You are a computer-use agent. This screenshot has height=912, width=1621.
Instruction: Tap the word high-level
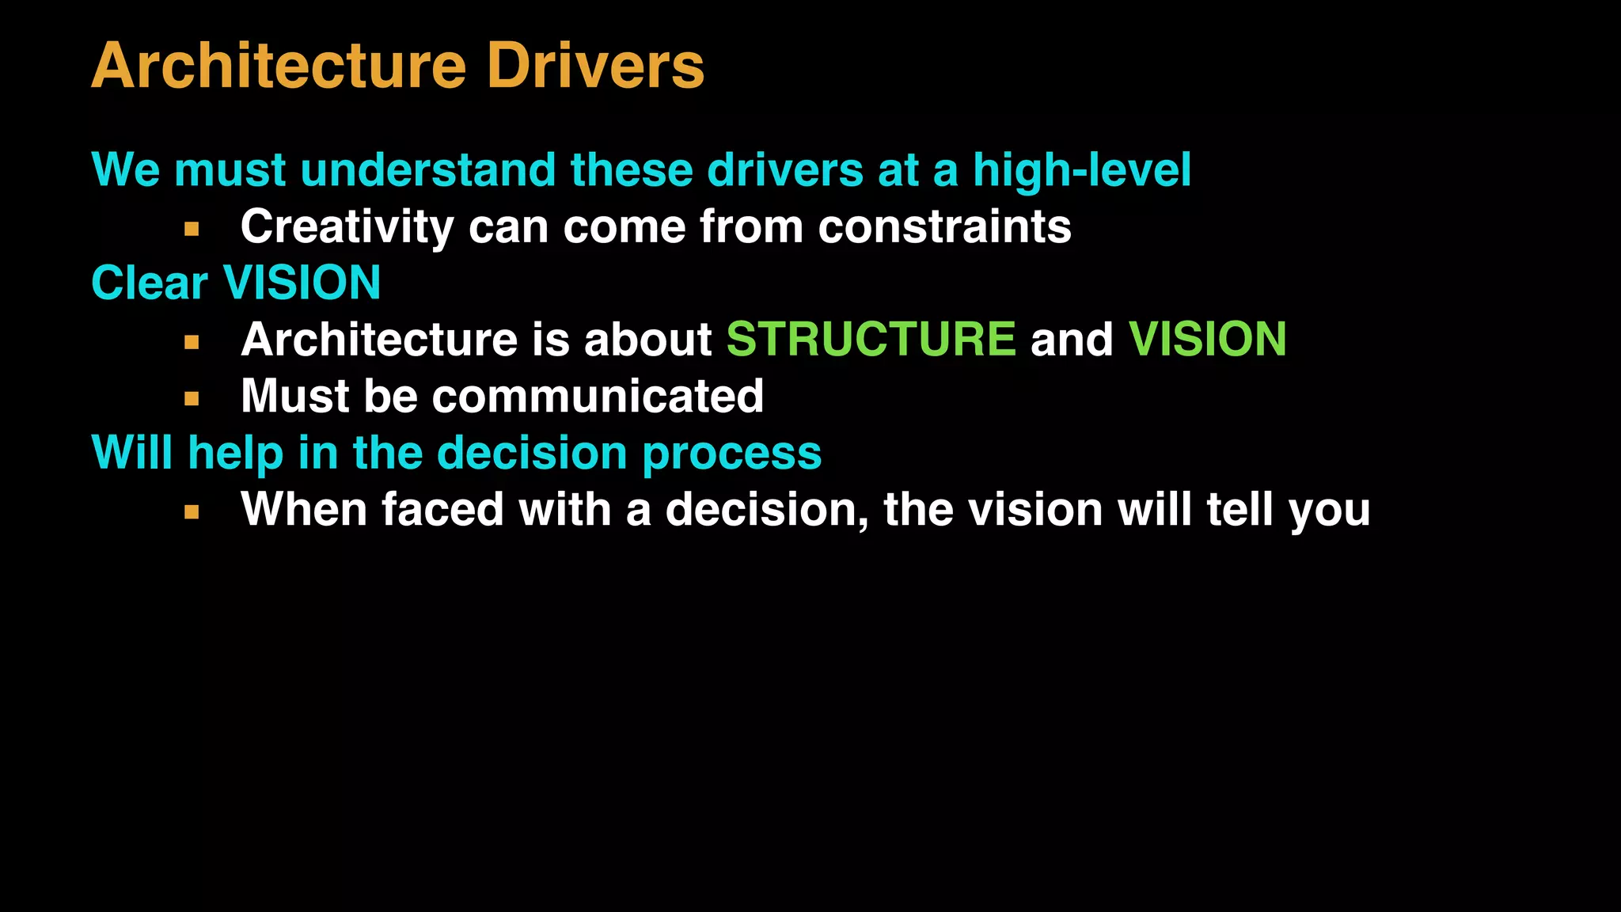click(x=1081, y=170)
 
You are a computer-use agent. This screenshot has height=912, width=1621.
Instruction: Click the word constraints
click(x=944, y=227)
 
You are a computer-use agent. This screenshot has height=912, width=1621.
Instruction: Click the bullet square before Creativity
click(x=192, y=230)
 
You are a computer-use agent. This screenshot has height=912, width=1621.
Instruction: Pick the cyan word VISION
click(x=302, y=283)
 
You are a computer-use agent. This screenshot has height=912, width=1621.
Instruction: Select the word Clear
click(x=150, y=283)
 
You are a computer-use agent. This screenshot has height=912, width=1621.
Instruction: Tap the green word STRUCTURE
click(x=871, y=340)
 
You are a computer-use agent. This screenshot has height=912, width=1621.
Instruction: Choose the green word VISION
click(x=1207, y=340)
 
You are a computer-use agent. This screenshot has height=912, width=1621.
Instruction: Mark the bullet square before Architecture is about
click(x=192, y=343)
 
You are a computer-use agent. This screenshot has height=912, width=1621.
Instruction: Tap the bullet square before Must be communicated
click(x=192, y=399)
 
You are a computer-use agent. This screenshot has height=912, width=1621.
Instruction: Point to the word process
click(x=731, y=454)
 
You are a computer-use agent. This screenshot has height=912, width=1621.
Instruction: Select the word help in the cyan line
click(x=235, y=454)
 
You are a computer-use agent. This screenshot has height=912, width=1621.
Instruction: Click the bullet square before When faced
click(x=192, y=512)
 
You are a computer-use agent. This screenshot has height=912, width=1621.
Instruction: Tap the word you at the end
click(x=1329, y=511)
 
